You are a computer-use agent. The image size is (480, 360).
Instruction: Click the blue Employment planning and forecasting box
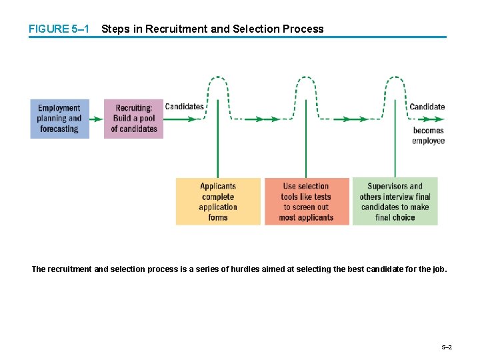(59, 119)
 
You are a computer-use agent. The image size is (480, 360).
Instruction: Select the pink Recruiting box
(133, 119)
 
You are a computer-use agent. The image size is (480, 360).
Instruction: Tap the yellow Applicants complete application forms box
(218, 201)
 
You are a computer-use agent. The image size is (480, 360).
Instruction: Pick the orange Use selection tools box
(307, 201)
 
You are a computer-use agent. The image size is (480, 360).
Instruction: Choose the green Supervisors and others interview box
(395, 201)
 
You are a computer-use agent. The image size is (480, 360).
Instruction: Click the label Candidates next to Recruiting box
(184, 107)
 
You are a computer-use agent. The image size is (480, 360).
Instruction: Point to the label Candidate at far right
(427, 107)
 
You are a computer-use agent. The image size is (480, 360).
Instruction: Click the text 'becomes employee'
(428, 135)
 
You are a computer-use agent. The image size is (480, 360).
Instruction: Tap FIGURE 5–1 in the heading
(58, 29)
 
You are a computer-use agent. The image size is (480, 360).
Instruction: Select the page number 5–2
(447, 347)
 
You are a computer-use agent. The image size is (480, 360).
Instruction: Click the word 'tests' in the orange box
(322, 197)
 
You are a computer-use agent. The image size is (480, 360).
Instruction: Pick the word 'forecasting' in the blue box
(59, 129)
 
